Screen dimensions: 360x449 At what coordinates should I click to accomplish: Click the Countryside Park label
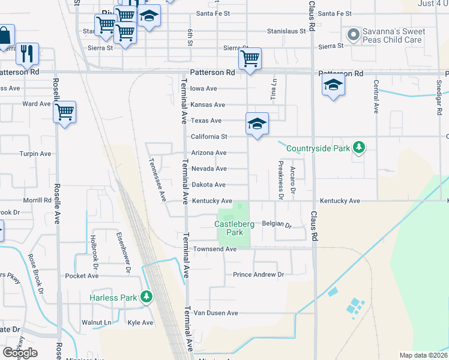[x=318, y=148]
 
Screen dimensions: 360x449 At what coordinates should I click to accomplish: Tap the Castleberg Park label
[x=234, y=228]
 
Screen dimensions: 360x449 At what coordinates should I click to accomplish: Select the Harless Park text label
[x=113, y=298]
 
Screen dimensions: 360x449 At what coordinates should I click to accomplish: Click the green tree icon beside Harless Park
[x=146, y=296]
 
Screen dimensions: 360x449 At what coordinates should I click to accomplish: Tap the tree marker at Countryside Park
[x=358, y=147]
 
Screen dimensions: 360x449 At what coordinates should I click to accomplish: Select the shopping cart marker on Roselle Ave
[x=64, y=111]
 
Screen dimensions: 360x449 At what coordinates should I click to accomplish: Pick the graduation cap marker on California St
[x=257, y=124]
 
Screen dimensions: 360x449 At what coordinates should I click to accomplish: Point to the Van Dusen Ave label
[x=215, y=313]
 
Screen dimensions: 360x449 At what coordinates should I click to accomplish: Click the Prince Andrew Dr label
[x=258, y=275]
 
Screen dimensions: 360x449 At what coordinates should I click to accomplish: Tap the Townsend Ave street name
[x=214, y=249]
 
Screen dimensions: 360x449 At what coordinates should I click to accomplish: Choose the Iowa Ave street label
[x=203, y=89]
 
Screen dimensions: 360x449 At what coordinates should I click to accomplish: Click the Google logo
[x=20, y=353]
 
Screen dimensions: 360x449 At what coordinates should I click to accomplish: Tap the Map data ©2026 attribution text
[x=424, y=355]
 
